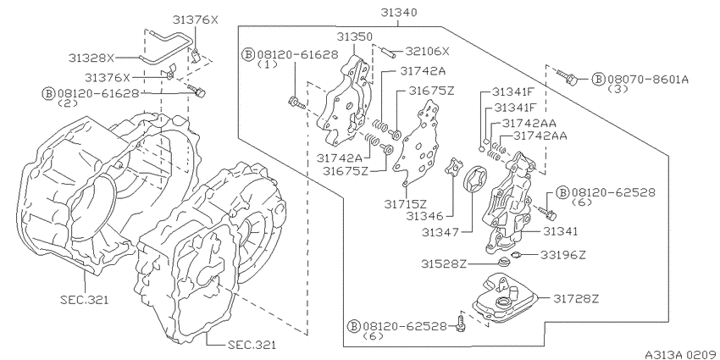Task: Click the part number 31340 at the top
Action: click(x=399, y=13)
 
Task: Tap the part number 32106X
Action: click(x=427, y=52)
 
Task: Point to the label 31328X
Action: click(x=91, y=58)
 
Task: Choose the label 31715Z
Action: click(x=404, y=202)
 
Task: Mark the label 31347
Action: click(x=440, y=233)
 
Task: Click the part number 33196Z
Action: click(x=562, y=255)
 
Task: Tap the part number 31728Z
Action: click(x=576, y=299)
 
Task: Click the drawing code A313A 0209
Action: click(x=681, y=354)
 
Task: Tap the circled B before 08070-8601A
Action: click(x=598, y=79)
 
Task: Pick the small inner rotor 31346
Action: click(x=452, y=166)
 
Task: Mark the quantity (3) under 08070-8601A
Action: click(x=618, y=89)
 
